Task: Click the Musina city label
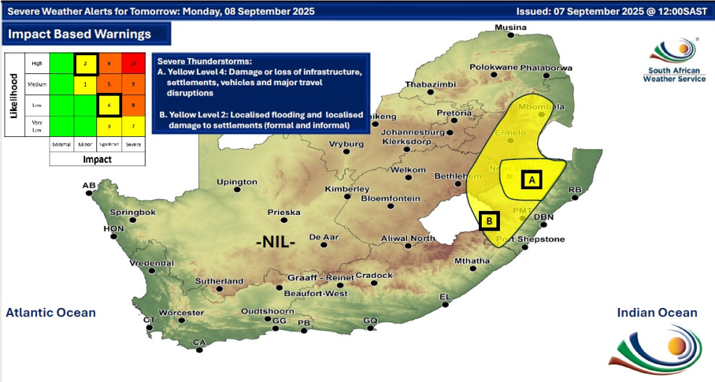pyautogui.click(x=510, y=27)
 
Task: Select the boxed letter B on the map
pyautogui.click(x=489, y=221)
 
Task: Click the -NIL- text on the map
pyautogui.click(x=276, y=242)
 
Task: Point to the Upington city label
pyautogui.click(x=237, y=182)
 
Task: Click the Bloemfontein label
pyautogui.click(x=390, y=198)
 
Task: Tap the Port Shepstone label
pyautogui.click(x=530, y=240)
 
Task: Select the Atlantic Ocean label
pyautogui.click(x=51, y=312)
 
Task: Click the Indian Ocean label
pyautogui.click(x=657, y=312)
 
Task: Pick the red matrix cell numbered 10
pyautogui.click(x=133, y=64)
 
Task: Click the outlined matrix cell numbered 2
pyautogui.click(x=85, y=64)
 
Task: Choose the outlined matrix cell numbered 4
pyautogui.click(x=109, y=105)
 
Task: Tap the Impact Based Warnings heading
pyautogui.click(x=80, y=34)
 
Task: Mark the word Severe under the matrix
pyautogui.click(x=133, y=144)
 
